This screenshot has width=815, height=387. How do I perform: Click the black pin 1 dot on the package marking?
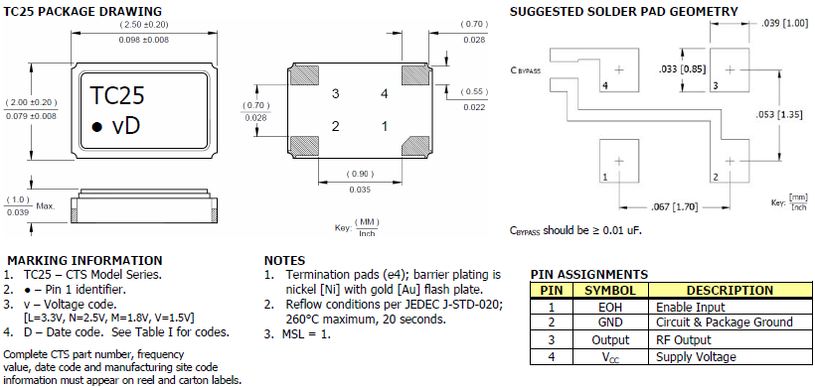(96, 127)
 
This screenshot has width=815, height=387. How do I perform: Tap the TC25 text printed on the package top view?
(117, 96)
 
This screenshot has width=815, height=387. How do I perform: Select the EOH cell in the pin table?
(610, 307)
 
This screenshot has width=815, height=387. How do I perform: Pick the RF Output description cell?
(731, 340)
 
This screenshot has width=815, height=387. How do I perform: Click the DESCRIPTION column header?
(731, 291)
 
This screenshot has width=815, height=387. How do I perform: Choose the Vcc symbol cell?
(610, 357)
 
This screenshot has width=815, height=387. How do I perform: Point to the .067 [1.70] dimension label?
(673, 207)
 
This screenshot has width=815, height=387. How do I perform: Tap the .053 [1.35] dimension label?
(778, 115)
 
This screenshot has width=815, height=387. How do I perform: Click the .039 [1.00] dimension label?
(784, 24)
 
